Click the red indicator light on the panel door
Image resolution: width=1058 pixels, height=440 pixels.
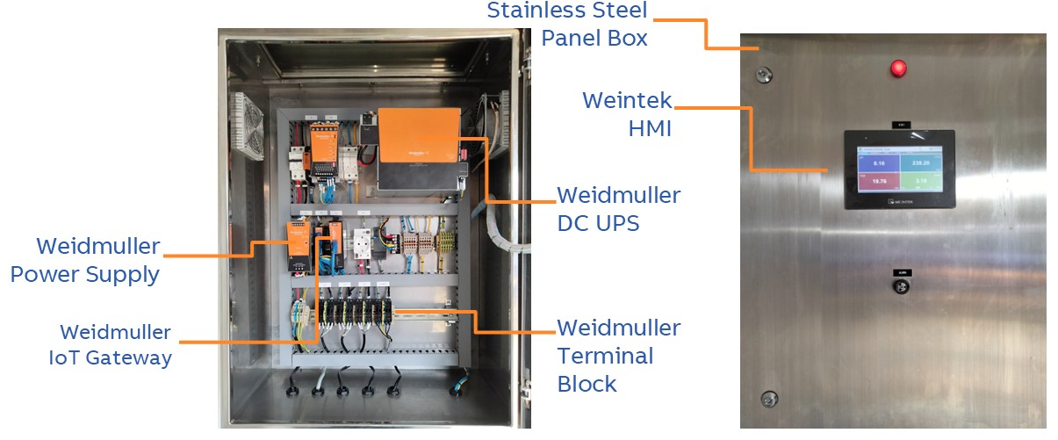tap(898, 68)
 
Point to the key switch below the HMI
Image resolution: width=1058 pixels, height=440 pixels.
tap(898, 286)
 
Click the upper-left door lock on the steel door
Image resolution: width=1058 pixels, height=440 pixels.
tap(766, 74)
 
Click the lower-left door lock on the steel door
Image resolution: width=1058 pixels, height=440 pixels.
tap(768, 398)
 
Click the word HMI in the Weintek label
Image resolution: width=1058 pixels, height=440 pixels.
tap(650, 128)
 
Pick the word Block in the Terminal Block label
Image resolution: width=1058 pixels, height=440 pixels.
tap(587, 383)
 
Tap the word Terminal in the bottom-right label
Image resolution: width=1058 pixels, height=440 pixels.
tap(606, 356)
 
